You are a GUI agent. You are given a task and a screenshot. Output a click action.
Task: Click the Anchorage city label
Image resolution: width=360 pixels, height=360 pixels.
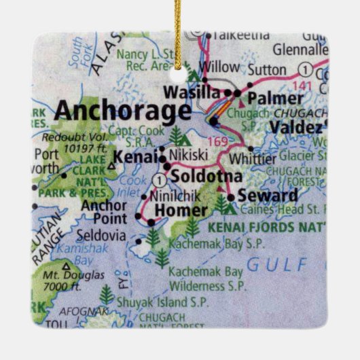[x=122, y=111]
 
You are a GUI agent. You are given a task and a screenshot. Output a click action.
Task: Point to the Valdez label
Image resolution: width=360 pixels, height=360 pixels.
[x=295, y=127]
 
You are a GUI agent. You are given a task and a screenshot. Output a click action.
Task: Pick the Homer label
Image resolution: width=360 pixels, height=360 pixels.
[x=177, y=211]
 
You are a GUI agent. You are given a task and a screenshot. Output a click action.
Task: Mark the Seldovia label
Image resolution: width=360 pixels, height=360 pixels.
[x=103, y=236]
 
